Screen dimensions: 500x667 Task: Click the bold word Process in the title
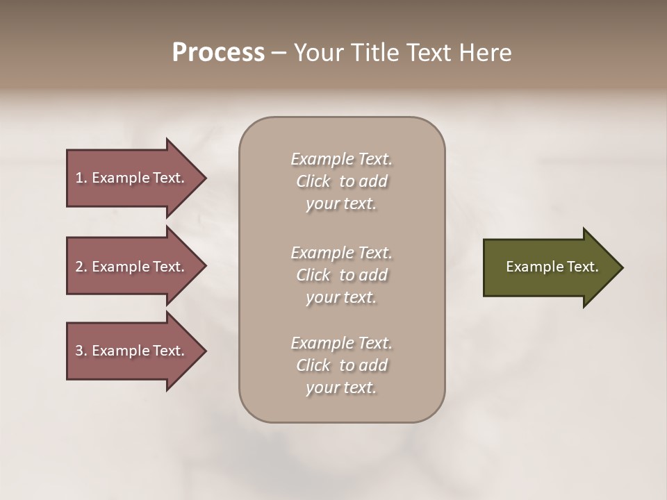[x=218, y=53]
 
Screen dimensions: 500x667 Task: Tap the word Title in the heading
[x=373, y=53]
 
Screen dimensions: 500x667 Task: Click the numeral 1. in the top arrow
[x=81, y=178]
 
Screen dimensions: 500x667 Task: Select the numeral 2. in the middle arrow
[x=81, y=267]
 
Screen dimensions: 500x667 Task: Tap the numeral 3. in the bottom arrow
[x=81, y=351]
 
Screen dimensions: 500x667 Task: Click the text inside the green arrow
[x=552, y=267]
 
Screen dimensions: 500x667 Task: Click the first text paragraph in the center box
[x=341, y=181]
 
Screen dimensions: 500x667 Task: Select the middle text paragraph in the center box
[x=341, y=275]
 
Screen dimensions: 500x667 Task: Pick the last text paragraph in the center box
[x=341, y=365]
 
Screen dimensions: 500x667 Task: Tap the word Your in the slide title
[x=318, y=53]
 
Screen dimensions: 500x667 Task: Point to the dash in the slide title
[x=279, y=53]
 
